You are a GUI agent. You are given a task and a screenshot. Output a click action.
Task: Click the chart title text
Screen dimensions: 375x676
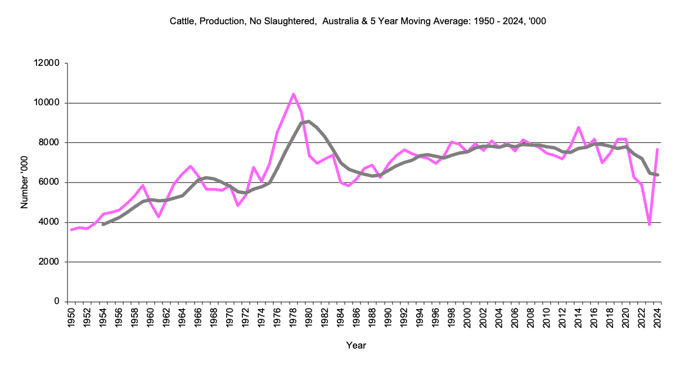click(358, 22)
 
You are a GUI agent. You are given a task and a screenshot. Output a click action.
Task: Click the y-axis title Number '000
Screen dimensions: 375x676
click(24, 182)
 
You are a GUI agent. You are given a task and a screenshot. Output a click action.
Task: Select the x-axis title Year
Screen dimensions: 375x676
click(356, 345)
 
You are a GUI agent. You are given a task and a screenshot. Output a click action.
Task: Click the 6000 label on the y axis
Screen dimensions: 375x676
click(51, 182)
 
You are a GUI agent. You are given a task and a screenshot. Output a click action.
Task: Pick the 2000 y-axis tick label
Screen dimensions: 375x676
click(51, 262)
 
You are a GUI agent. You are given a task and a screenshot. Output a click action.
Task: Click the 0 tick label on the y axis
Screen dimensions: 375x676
click(57, 302)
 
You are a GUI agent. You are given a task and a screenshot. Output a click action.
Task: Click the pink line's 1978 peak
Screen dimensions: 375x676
click(293, 95)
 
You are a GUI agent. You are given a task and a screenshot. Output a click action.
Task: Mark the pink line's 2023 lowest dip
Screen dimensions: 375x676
click(650, 225)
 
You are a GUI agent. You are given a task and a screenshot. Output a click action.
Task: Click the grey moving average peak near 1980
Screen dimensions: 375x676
click(309, 121)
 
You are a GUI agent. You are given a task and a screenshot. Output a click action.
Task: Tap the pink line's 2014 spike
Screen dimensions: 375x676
click(578, 127)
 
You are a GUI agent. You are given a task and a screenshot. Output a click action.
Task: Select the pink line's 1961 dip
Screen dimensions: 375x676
click(159, 217)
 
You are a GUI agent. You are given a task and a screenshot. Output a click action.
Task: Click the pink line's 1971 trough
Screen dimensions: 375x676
click(238, 206)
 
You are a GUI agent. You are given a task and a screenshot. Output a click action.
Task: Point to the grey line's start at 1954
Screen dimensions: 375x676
click(103, 225)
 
